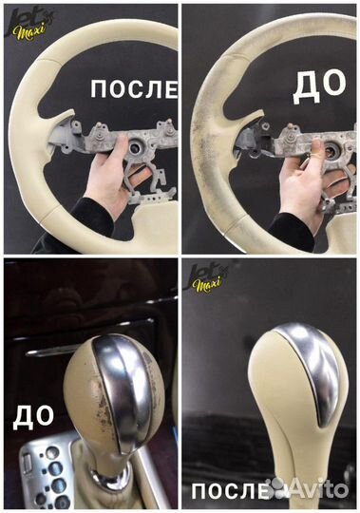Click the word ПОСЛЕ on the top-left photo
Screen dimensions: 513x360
click(x=133, y=90)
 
